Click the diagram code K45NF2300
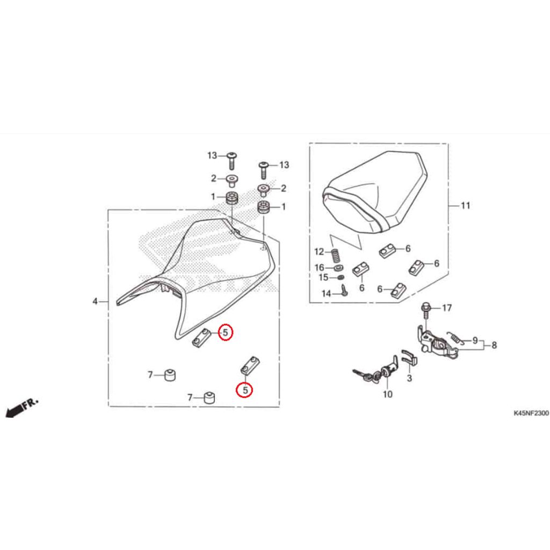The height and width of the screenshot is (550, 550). click(531, 413)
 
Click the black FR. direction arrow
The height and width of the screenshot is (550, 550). click(21, 408)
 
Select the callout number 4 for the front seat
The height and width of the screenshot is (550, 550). click(95, 301)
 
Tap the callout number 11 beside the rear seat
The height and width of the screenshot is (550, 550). click(466, 206)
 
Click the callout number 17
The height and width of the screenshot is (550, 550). click(446, 308)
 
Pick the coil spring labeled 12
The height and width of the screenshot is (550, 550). click(336, 256)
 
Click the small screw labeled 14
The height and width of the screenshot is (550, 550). click(344, 291)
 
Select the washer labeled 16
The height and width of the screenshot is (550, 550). click(338, 269)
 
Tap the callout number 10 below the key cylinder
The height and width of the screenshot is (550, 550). click(388, 394)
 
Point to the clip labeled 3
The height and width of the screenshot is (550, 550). click(409, 357)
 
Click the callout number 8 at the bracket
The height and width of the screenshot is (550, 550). click(494, 345)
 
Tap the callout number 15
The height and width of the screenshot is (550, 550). click(323, 278)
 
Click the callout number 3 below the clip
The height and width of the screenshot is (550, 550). click(409, 378)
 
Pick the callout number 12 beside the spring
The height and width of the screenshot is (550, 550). click(319, 251)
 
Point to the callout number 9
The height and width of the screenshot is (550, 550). click(475, 340)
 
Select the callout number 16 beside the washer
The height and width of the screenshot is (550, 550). click(319, 267)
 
